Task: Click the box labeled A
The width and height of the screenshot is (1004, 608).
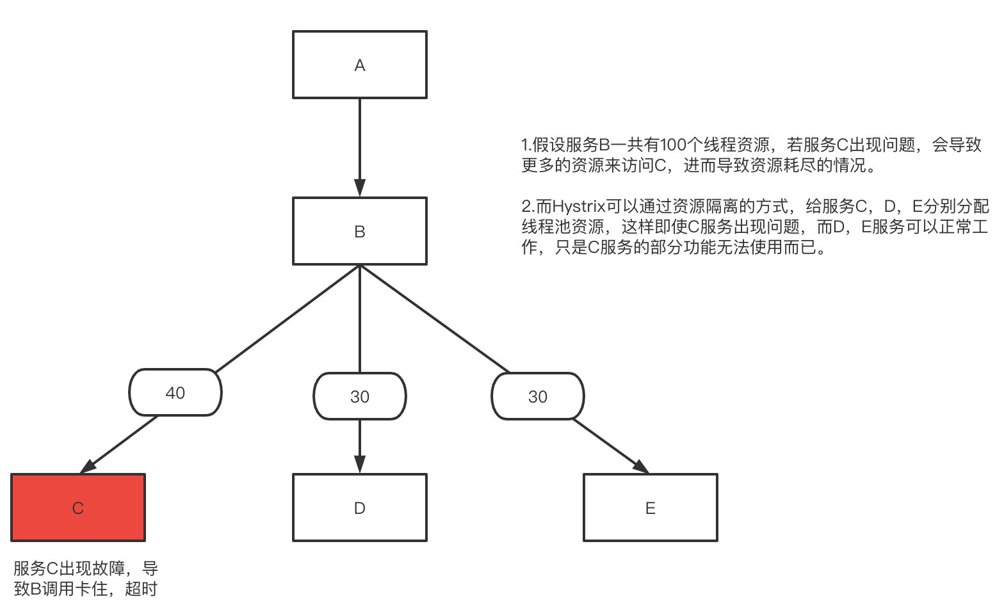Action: [359, 65]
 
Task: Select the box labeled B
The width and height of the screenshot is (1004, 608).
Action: [359, 231]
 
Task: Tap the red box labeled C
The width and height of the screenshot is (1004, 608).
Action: [78, 508]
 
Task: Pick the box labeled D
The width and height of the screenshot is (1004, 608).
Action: [359, 508]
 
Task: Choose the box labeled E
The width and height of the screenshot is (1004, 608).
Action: [650, 508]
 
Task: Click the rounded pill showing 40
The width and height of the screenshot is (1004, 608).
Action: [175, 392]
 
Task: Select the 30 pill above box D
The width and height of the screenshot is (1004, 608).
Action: [359, 396]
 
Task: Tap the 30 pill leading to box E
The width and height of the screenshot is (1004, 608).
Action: [537, 396]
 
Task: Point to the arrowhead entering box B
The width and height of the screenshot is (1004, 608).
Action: [360, 188]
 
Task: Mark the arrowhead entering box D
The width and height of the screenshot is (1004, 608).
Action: [360, 464]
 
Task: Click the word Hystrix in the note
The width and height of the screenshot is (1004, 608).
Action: [579, 207]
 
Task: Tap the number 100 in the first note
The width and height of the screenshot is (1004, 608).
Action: [673, 145]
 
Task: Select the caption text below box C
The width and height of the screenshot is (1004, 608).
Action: [85, 578]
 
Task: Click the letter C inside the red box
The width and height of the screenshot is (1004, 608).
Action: [78, 508]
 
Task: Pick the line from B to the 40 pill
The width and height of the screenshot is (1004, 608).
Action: [288, 318]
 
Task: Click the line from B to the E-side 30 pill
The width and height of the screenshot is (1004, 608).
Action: [434, 318]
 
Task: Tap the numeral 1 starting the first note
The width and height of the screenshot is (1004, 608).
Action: [525, 145]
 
